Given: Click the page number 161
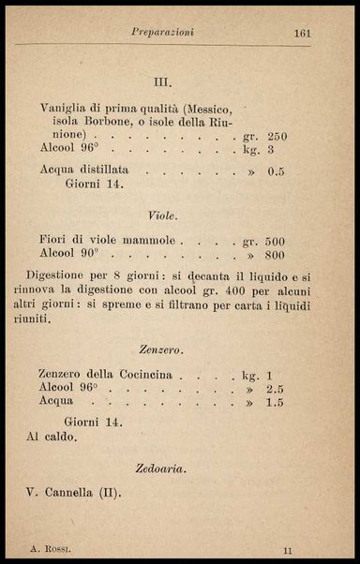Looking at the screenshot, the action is point(302,33).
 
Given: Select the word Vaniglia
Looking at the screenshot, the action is point(71,107).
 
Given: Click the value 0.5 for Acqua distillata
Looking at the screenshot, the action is point(276,171).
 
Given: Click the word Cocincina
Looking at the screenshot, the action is point(152,374).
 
